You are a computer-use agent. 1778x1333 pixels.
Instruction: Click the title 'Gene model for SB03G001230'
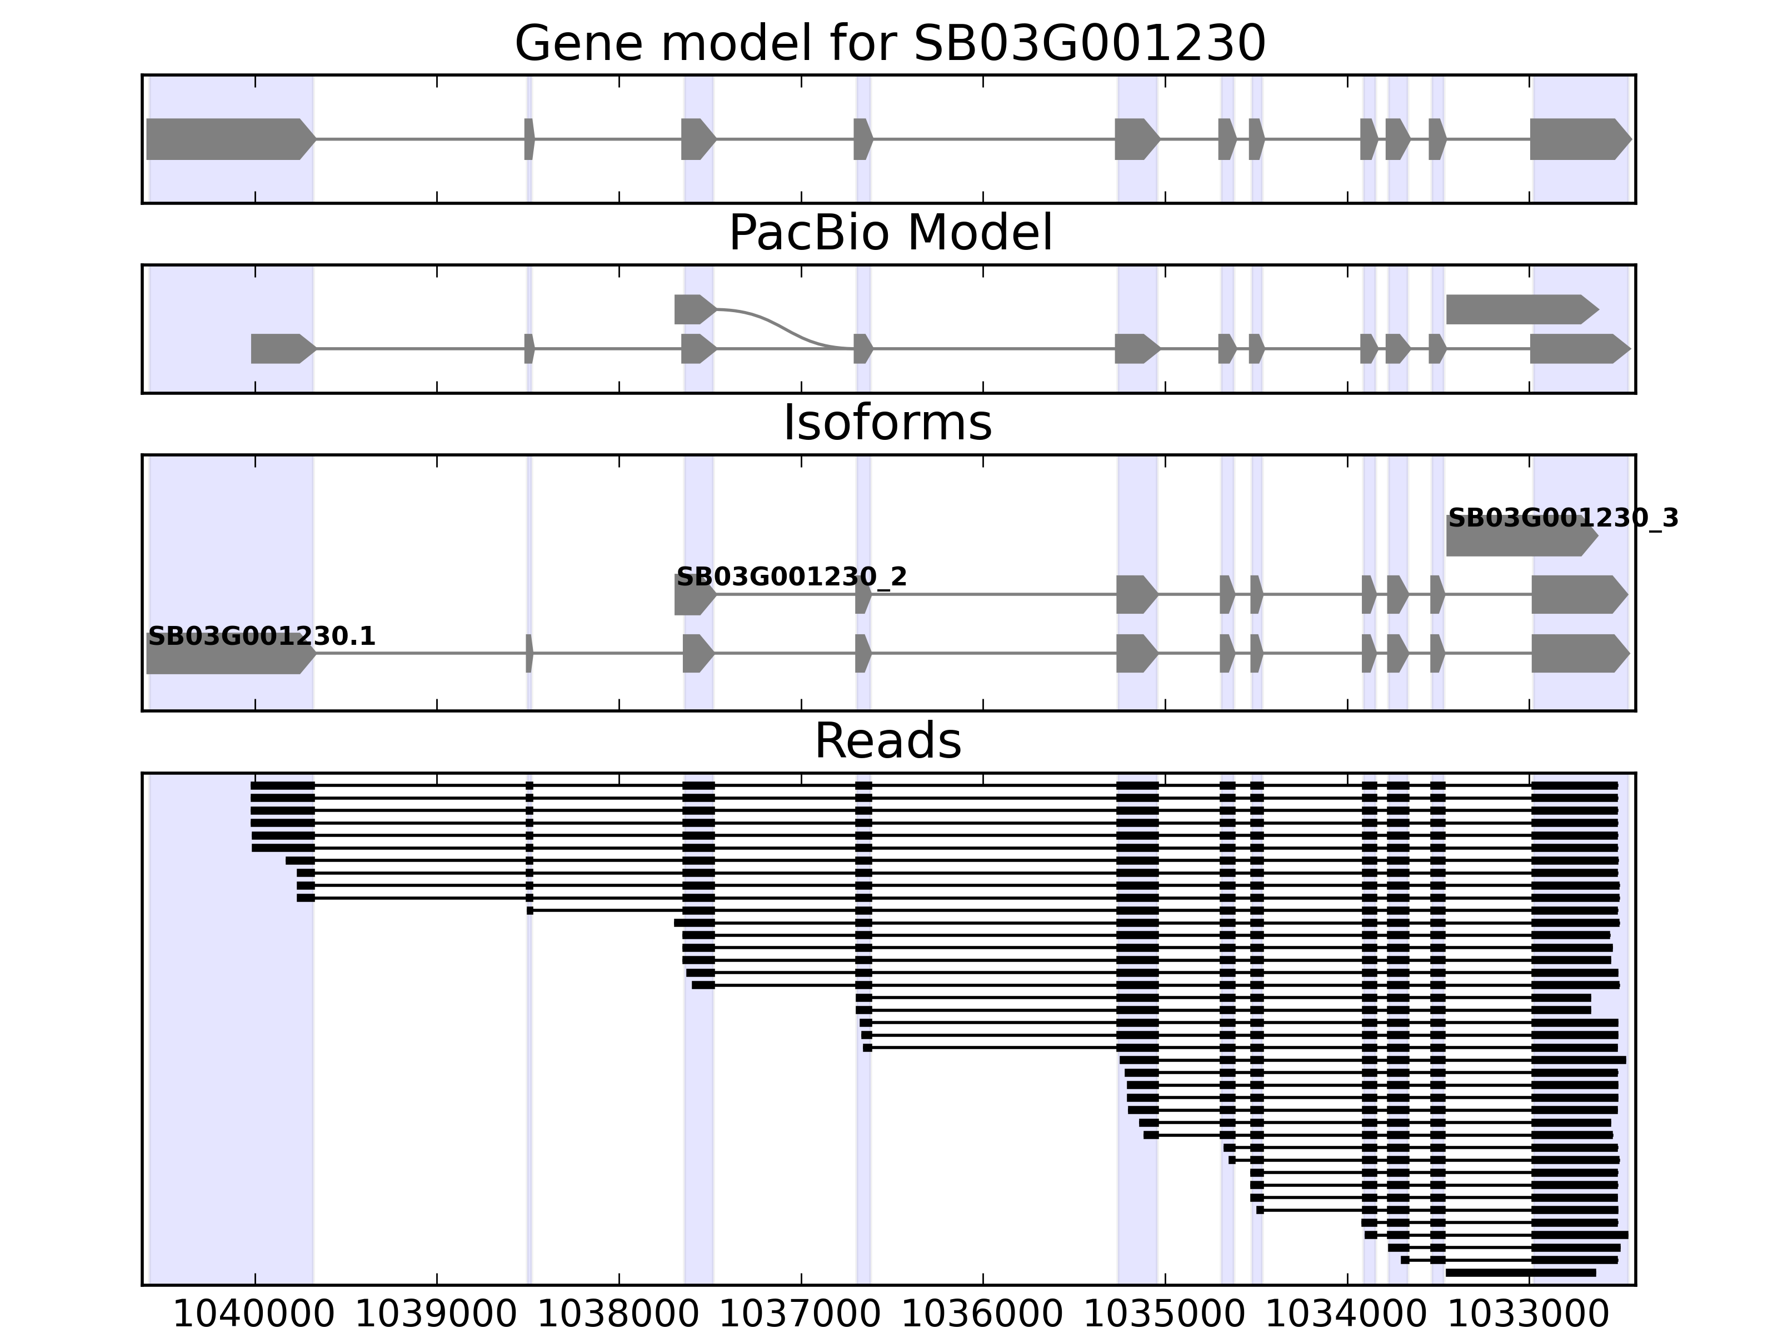pyautogui.click(x=890, y=43)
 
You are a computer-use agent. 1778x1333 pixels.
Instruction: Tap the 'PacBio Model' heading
pyautogui.click(x=890, y=233)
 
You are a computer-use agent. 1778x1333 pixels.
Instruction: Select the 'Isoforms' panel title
pyautogui.click(x=887, y=423)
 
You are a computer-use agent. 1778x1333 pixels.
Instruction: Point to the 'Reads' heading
pyautogui.click(x=887, y=741)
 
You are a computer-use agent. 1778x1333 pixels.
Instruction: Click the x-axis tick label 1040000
pyautogui.click(x=253, y=1315)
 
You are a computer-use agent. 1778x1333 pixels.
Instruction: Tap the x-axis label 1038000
pyautogui.click(x=618, y=1315)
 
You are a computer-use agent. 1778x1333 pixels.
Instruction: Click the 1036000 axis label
pyautogui.click(x=982, y=1315)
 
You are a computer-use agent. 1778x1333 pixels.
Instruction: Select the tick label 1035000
pyautogui.click(x=1164, y=1315)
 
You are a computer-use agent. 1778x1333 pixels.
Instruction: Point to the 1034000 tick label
pyautogui.click(x=1346, y=1315)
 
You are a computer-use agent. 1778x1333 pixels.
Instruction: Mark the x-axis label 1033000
pyautogui.click(x=1529, y=1315)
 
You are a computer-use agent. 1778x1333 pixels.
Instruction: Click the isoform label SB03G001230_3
pyautogui.click(x=1562, y=518)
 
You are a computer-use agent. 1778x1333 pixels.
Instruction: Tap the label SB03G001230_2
pyautogui.click(x=791, y=577)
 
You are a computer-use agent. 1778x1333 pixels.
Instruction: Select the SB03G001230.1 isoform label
pyautogui.click(x=261, y=637)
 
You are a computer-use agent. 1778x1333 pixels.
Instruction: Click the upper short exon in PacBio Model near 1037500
pyautogui.click(x=693, y=309)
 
